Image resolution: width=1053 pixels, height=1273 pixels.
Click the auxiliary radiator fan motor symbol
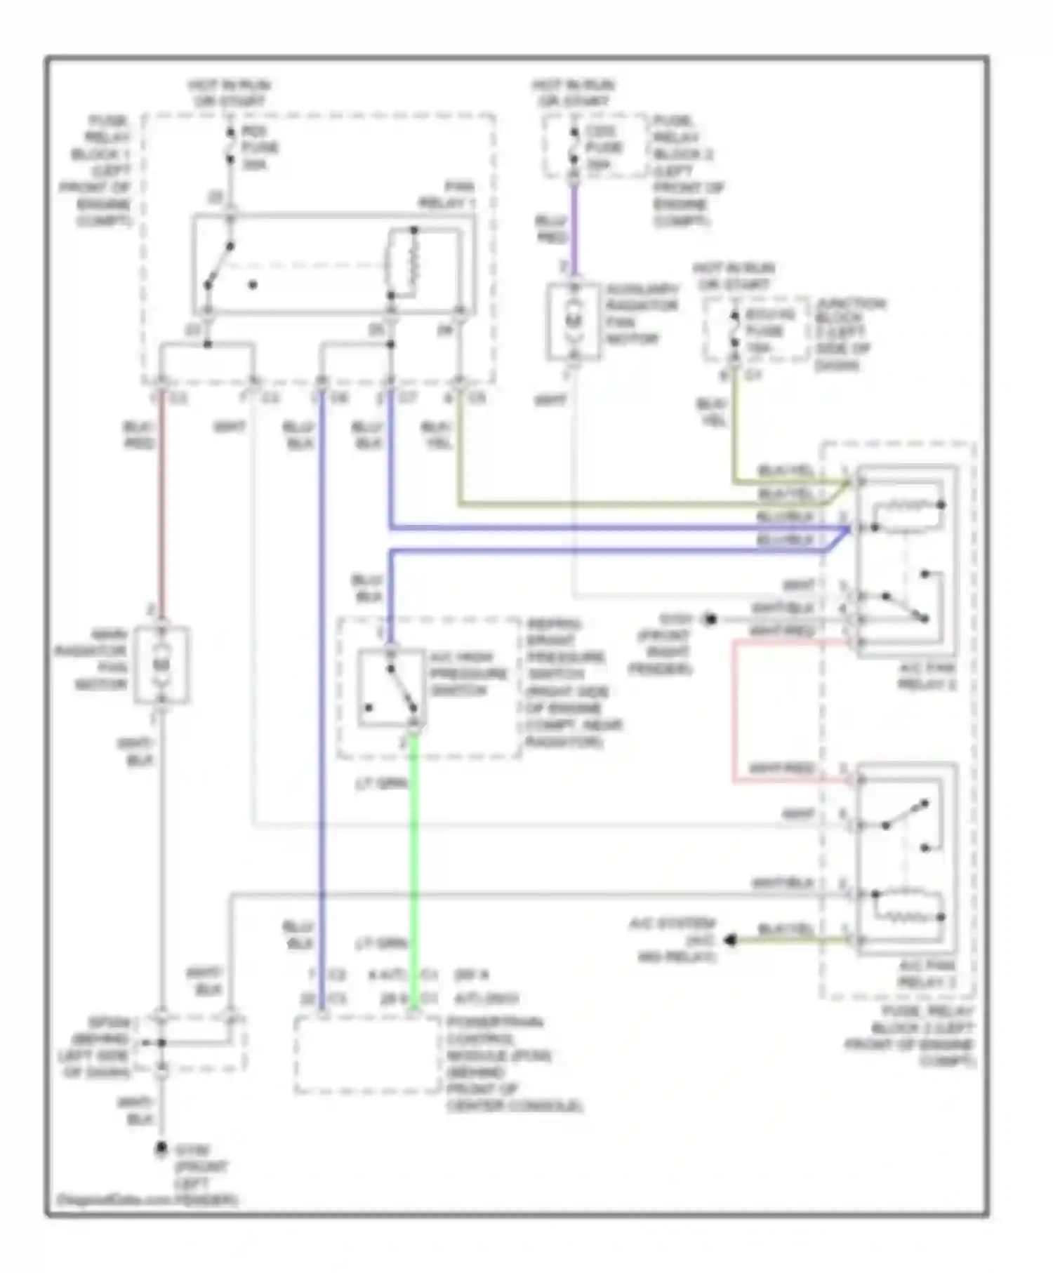pos(574,321)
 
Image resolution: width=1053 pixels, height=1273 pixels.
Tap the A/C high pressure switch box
pos(392,688)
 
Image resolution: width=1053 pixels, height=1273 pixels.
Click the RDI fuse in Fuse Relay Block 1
pos(230,147)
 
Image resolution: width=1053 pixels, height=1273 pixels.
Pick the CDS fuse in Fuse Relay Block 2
pos(575,147)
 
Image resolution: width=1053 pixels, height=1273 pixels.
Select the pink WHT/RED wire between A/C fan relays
pos(734,709)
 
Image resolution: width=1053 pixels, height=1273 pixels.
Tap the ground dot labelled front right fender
pos(710,619)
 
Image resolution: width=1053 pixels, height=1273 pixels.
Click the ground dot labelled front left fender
pos(161,1148)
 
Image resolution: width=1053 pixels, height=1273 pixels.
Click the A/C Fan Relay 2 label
pos(927,676)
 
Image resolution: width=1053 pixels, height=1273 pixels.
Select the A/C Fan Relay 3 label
pos(927,974)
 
